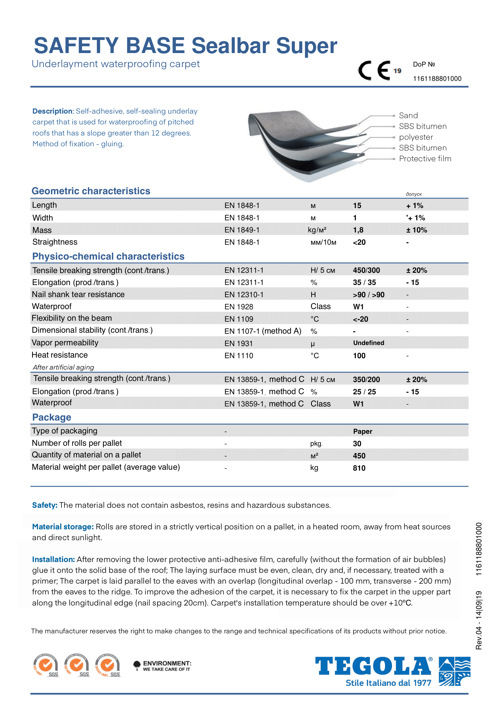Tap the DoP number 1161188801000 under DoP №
[437, 79]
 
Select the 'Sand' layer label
[408, 115]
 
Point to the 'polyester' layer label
[416, 137]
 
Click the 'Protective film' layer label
[425, 159]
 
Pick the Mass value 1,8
[358, 230]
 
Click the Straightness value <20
[359, 242]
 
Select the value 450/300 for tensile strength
[366, 270]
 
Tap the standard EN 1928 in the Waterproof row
[238, 307]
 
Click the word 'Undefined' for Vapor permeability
[368, 343]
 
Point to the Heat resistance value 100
[359, 356]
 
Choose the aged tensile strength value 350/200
[366, 379]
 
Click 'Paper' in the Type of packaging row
[362, 431]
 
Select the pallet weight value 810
[359, 468]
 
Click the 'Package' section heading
[52, 417]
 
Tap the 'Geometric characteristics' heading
[91, 191]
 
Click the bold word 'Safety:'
[45, 505]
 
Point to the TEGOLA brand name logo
[373, 666]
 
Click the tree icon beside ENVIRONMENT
[137, 665]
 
